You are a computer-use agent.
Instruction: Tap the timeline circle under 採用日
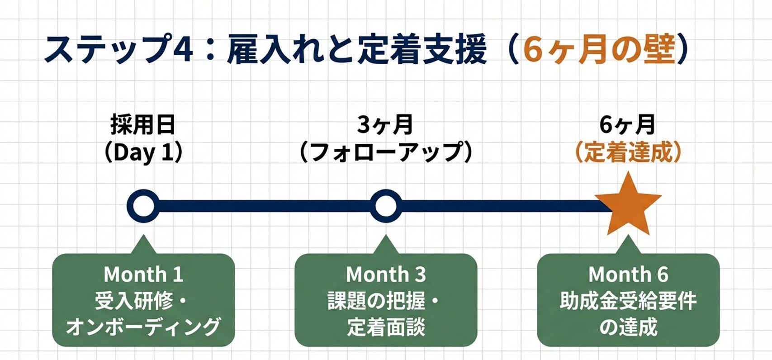(143, 206)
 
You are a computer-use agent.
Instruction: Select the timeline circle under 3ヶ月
(386, 206)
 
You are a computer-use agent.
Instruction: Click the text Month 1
(143, 275)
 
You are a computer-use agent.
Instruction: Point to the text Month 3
(386, 275)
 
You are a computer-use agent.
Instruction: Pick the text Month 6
(628, 275)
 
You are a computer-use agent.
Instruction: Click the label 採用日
(143, 125)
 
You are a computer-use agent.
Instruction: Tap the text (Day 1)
(143, 152)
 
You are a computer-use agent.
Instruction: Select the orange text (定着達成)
(628, 152)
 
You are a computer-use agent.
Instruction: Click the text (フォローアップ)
(386, 152)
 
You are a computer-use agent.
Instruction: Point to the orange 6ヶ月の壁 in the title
(599, 50)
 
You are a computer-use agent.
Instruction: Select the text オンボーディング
(143, 327)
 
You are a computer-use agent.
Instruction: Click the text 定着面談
(386, 327)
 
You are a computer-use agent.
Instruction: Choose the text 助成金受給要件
(628, 301)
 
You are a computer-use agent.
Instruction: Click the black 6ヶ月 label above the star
(628, 125)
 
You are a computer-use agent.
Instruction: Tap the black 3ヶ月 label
(386, 125)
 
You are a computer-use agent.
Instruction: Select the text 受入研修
(133, 301)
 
